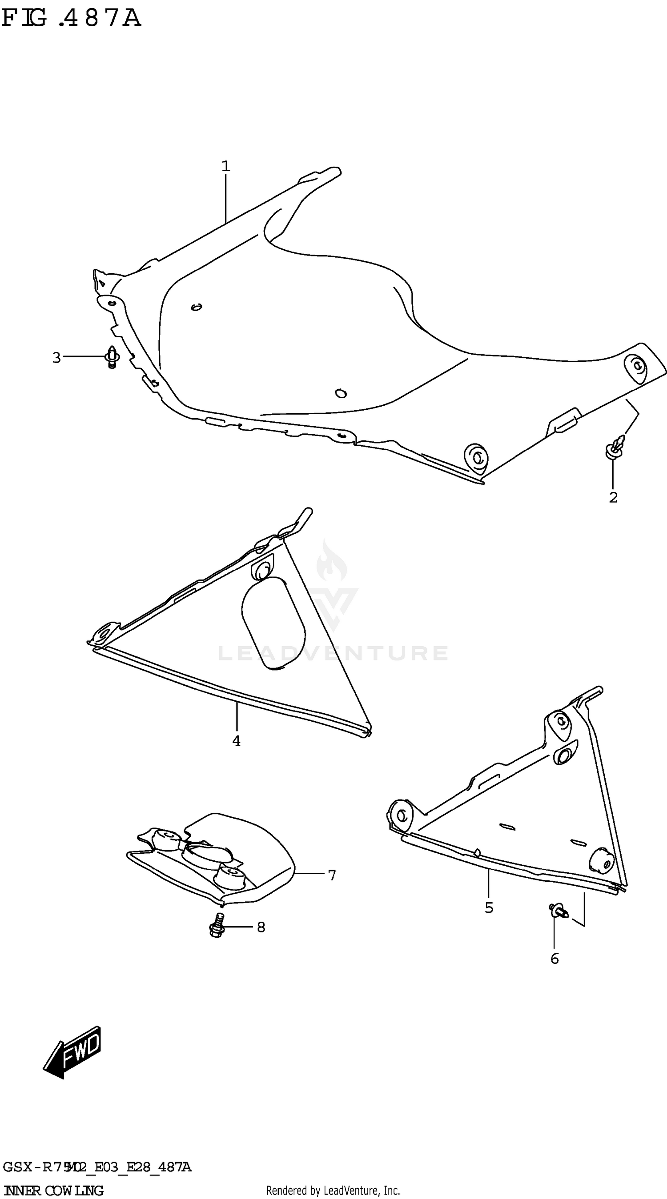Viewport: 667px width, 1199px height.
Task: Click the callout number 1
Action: (226, 166)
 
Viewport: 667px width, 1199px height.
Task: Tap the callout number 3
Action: (56, 358)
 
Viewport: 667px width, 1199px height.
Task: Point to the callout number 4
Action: (237, 740)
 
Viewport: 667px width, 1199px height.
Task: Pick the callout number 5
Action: (489, 907)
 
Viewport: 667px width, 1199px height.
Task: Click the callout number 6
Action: (554, 959)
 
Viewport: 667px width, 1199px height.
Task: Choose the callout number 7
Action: (332, 875)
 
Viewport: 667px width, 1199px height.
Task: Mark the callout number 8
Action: (261, 927)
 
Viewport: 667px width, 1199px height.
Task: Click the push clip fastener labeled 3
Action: (112, 357)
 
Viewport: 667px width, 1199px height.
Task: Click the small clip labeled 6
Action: (558, 910)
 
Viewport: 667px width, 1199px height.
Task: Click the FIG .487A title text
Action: (71, 19)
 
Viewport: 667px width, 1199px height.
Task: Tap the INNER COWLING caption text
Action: (52, 1190)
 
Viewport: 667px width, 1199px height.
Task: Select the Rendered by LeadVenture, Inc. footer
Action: (333, 1190)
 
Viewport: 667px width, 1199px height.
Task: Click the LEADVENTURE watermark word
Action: (333, 653)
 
